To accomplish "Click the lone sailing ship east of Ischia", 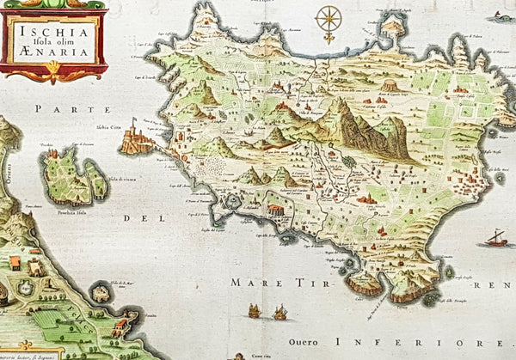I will click(x=496, y=237).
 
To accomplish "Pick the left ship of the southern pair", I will click(x=255, y=310).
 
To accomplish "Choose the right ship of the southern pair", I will click(x=279, y=313).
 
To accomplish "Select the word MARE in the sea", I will click(x=249, y=280).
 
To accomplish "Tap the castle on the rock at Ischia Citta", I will click(x=136, y=138).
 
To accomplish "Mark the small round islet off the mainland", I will click(x=101, y=294).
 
